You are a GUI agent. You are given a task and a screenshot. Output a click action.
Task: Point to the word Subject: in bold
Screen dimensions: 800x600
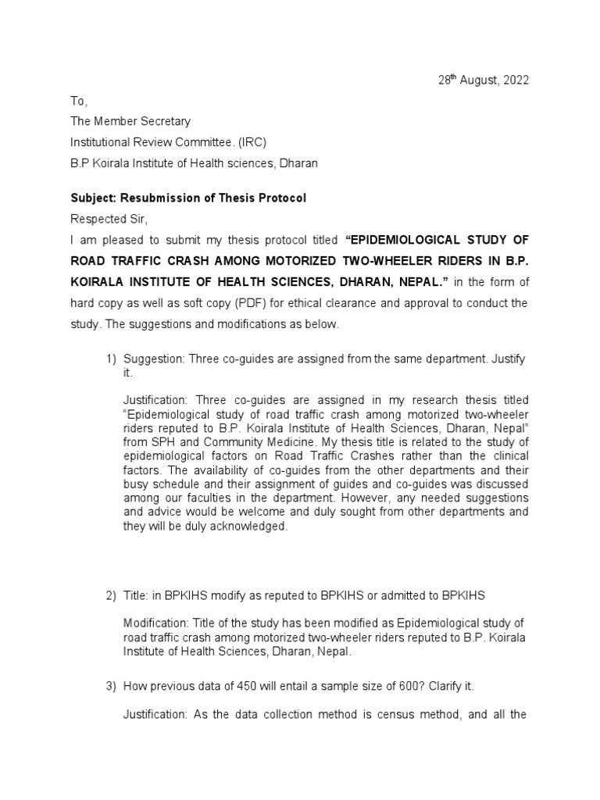point(93,198)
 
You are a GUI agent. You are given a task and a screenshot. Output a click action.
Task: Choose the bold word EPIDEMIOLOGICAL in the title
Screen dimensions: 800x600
point(406,239)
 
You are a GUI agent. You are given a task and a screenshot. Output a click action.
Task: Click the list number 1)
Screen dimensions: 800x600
point(111,359)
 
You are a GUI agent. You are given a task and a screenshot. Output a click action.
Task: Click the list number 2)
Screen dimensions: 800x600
point(111,595)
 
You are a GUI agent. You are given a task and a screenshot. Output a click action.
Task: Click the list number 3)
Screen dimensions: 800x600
point(111,686)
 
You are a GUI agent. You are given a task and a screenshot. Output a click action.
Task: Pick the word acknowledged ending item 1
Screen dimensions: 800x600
point(248,526)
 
